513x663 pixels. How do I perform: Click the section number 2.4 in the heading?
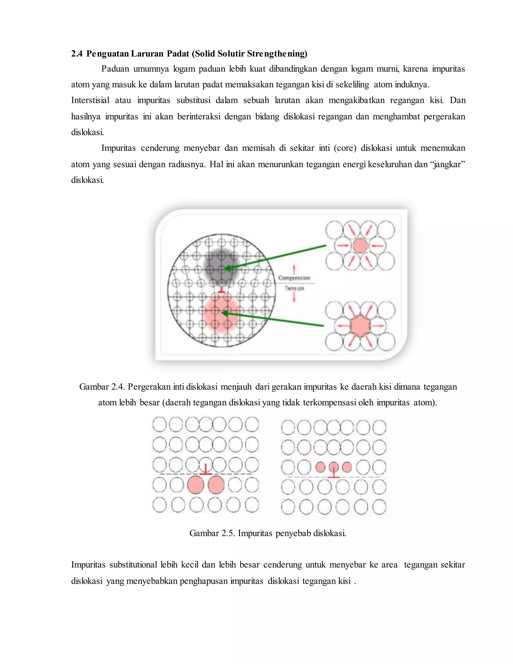tap(77, 54)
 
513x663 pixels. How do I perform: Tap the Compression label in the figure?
tap(294, 278)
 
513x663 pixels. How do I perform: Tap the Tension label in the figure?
tap(294, 288)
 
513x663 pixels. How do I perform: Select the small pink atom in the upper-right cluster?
tap(360, 246)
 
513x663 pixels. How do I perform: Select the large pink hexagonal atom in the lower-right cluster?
tap(360, 326)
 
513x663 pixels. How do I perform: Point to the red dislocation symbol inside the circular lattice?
tap(221, 290)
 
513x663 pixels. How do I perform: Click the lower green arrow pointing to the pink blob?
tap(274, 319)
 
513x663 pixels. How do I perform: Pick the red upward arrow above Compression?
tap(294, 269)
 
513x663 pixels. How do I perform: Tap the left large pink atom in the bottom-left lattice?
tap(195, 485)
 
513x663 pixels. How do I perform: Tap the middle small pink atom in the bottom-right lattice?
tap(334, 467)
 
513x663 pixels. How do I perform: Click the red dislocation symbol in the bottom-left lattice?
tap(206, 470)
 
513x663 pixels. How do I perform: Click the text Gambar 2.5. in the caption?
tap(212, 533)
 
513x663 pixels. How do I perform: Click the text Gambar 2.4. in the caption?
tap(102, 387)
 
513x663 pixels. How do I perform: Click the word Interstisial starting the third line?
tap(90, 100)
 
